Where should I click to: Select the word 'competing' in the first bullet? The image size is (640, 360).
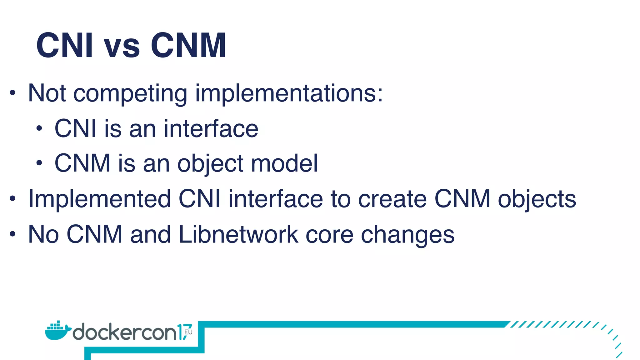[x=130, y=94]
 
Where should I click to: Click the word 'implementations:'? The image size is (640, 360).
[x=289, y=94]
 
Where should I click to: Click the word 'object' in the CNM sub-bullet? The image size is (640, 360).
[x=210, y=164]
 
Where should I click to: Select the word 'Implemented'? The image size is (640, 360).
[x=99, y=199]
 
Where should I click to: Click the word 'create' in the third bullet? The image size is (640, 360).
[x=392, y=199]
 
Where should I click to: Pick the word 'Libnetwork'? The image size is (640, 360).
[x=238, y=234]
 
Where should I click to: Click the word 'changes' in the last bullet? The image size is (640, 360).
[x=407, y=235]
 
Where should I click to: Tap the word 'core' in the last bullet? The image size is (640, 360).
[x=329, y=234]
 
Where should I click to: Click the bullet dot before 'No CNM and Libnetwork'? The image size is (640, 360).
[x=12, y=234]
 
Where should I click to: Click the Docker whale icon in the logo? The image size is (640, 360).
[x=57, y=331]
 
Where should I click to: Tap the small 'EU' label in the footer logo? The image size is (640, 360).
[x=188, y=332]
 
